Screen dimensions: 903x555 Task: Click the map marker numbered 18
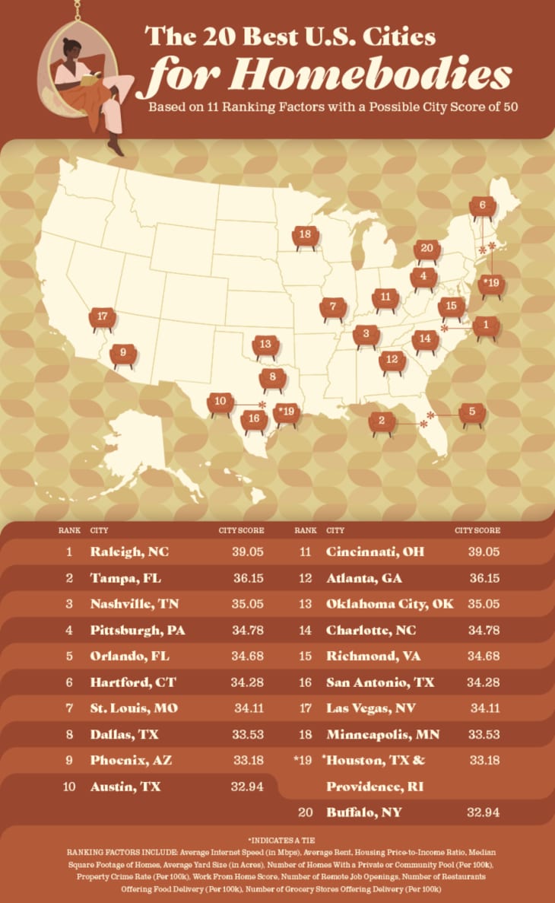point(305,236)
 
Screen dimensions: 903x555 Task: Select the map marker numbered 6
point(482,206)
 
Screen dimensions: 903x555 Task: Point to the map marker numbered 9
point(122,354)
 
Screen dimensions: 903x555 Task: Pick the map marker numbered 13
point(265,346)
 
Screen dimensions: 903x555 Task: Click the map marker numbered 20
point(427,250)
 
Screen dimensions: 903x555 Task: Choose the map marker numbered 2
point(382,421)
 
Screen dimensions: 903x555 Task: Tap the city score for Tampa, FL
point(249,579)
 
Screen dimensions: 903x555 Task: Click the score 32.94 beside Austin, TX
point(247,787)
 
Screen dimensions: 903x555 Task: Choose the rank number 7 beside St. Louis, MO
point(69,707)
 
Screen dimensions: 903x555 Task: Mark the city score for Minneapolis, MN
point(483,734)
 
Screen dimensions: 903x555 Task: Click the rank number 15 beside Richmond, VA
point(306,655)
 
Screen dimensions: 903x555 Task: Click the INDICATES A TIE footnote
point(277,841)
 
